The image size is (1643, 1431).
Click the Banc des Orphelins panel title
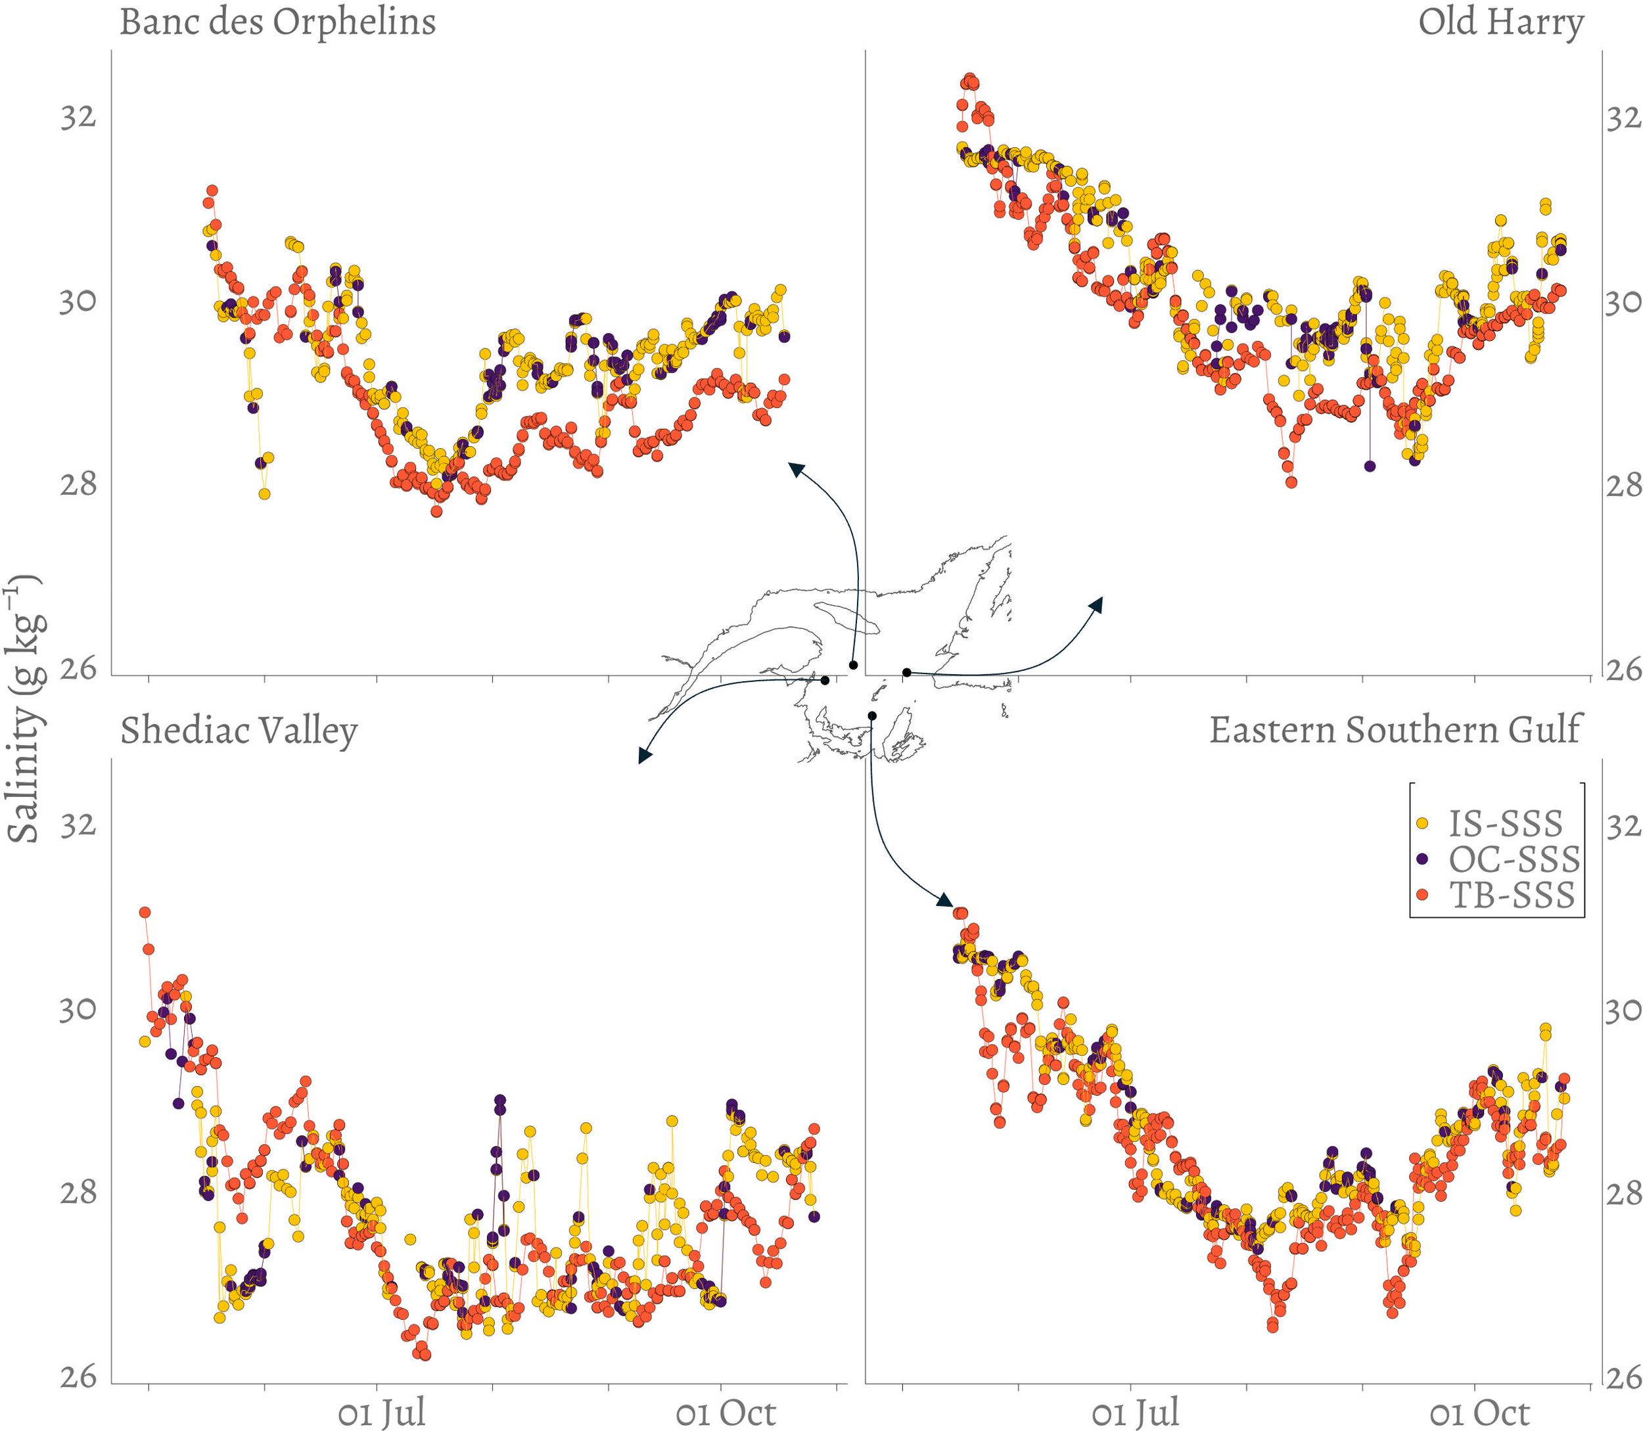coord(277,22)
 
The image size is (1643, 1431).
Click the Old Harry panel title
coord(1500,22)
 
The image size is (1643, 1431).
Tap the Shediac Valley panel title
coord(238,731)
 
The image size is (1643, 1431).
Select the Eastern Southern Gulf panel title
coord(1394,730)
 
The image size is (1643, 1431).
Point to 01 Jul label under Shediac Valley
coord(381,1412)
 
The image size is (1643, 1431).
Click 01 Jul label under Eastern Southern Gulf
coord(1134,1412)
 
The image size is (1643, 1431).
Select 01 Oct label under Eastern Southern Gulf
coord(1479,1412)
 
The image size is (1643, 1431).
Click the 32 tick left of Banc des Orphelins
coord(78,118)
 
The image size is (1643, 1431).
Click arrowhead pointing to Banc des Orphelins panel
coord(797,468)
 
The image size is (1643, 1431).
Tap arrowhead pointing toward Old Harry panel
coord(1097,604)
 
